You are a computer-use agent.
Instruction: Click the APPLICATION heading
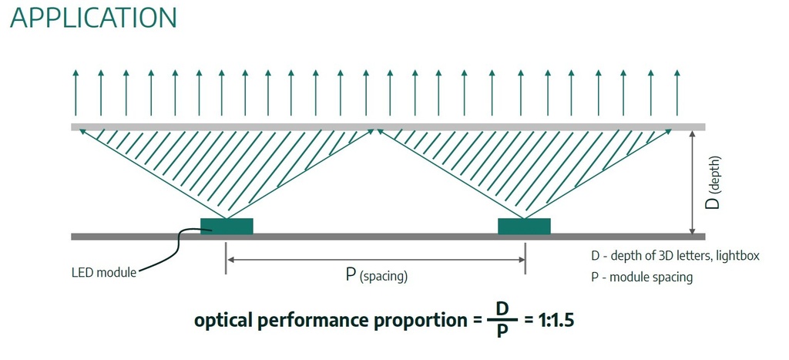coord(93,18)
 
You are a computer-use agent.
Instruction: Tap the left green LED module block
coord(227,226)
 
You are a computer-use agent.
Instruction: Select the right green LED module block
coord(524,226)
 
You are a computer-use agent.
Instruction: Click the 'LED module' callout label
coord(104,273)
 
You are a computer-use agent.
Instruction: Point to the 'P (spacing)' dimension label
coord(376,275)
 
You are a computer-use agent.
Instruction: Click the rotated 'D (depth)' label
coord(714,183)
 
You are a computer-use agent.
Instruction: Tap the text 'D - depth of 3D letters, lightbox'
coord(675,256)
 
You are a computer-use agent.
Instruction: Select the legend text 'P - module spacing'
coord(642,277)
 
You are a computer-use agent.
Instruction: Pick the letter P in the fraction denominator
coord(502,331)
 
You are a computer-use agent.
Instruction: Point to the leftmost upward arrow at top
coord(76,93)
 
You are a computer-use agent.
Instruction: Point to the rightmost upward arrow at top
coord(677,93)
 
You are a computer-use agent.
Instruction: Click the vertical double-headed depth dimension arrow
coord(693,182)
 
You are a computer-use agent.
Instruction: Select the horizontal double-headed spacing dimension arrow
coord(375,260)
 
